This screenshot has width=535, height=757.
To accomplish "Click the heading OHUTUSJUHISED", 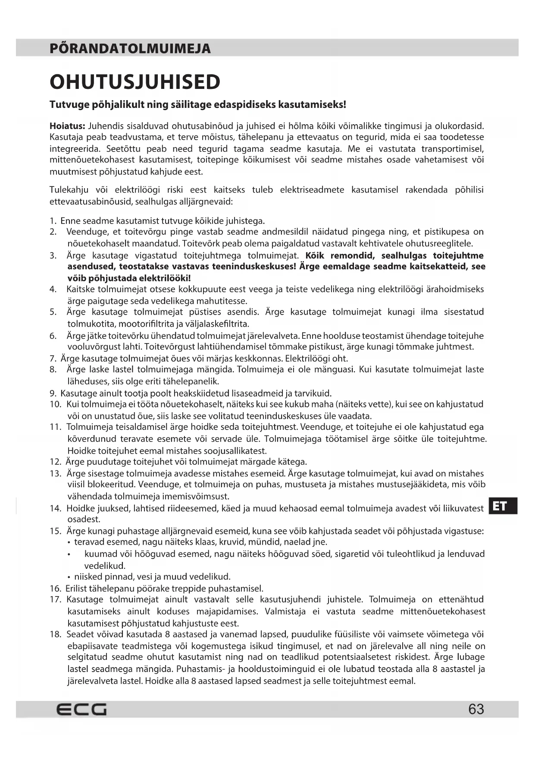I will coord(135,82).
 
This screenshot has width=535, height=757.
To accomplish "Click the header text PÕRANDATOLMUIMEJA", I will coord(130,48).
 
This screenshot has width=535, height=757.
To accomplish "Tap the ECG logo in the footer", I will coord(81,709).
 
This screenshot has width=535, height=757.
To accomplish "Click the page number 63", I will coord(476,709).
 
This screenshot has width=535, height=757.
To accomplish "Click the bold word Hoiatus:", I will coord(67,126).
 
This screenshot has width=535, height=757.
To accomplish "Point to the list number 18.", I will coord(55,634).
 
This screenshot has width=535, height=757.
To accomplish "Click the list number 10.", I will coord(55,404).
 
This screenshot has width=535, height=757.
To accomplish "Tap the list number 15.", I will coord(55,531).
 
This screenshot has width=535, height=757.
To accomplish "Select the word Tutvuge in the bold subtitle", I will coord(68,104).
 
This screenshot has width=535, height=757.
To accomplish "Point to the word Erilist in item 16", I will coord(77,588).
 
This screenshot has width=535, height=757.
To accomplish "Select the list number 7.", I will coord(53,358).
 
